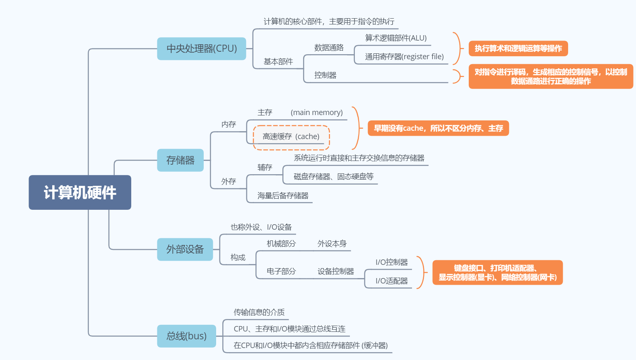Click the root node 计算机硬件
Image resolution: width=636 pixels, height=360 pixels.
coord(80,192)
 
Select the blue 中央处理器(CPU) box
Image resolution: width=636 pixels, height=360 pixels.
coord(202,49)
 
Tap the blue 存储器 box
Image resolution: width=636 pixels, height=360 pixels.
coord(181,160)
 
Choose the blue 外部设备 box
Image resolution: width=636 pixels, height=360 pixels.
coord(185,250)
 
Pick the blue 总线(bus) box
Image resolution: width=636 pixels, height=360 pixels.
coord(187,336)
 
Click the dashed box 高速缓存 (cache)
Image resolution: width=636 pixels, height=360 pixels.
coord(291,137)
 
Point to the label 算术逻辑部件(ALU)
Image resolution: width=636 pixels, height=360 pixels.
coord(396,38)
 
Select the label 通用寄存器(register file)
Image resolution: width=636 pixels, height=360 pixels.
coord(404,57)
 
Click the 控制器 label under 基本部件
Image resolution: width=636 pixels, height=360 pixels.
coord(325,75)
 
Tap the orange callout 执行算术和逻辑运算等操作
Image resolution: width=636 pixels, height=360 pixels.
coord(518,48)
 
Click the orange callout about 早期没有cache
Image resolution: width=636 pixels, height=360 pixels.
coord(438,128)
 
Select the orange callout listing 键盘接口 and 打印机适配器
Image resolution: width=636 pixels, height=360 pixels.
coord(497,273)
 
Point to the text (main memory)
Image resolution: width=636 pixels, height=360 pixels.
coord(317,113)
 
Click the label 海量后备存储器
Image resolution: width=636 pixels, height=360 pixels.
coord(283,196)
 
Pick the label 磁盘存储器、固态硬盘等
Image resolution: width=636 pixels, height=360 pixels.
coord(334,177)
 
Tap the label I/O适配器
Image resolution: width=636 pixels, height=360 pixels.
coord(392,281)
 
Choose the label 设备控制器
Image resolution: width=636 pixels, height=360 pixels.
coord(336,271)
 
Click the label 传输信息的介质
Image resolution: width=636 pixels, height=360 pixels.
coord(259,312)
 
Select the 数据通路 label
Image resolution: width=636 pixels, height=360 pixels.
coord(329,48)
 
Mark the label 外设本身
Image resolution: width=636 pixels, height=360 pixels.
coord(332,244)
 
